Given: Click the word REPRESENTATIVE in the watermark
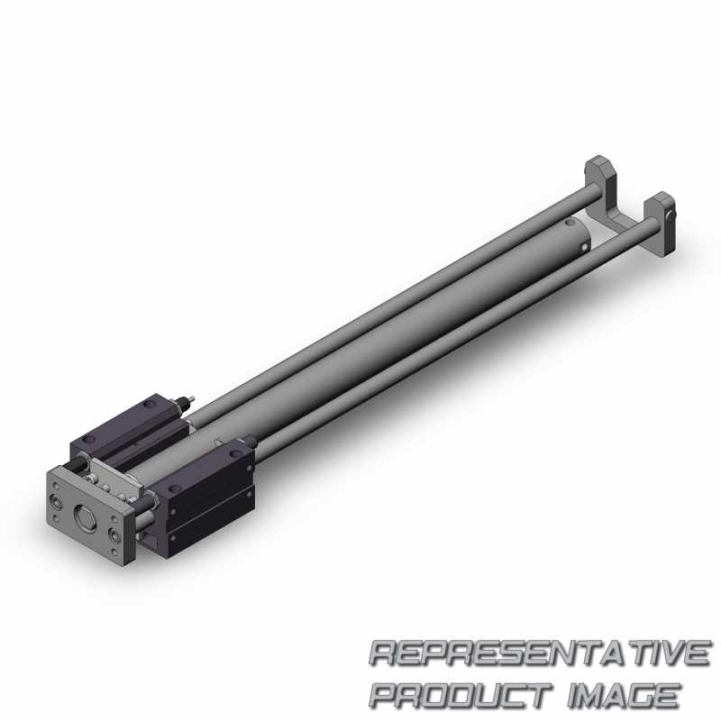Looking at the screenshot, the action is [x=539, y=653].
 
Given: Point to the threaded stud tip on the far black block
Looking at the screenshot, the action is [x=190, y=399].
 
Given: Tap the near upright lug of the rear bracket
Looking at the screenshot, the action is [x=661, y=224].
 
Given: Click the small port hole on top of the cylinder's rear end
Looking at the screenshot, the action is [x=570, y=223].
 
